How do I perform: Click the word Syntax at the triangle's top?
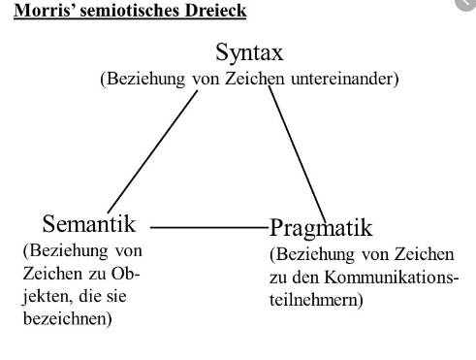click(249, 52)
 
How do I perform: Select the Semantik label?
click(89, 223)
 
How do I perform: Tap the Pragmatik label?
click(321, 228)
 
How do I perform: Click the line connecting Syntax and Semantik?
click(152, 151)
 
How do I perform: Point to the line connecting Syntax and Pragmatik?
click(298, 154)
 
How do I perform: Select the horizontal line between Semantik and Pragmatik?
click(209, 227)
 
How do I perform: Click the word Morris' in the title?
click(45, 11)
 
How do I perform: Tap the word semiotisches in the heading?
click(131, 11)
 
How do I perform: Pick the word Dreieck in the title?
click(216, 11)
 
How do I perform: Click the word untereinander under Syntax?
click(342, 79)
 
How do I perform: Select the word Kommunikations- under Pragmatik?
click(392, 278)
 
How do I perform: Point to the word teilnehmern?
click(314, 300)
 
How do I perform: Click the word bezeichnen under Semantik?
click(65, 318)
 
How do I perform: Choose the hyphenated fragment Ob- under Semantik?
click(125, 274)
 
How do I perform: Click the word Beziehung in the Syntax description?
click(146, 79)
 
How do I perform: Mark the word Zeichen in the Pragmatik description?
click(425, 254)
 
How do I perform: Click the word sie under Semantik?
click(115, 296)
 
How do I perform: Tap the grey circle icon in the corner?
click(467, 4)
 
